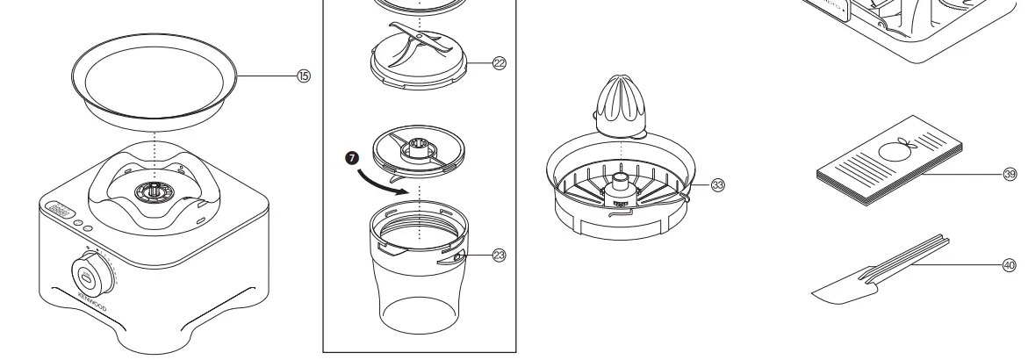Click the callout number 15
tap(304, 76)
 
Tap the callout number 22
tap(500, 63)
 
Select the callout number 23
tap(500, 256)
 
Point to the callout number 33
tap(718, 184)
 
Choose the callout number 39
tap(1010, 174)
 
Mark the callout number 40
tap(1010, 263)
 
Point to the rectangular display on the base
tap(57, 212)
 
